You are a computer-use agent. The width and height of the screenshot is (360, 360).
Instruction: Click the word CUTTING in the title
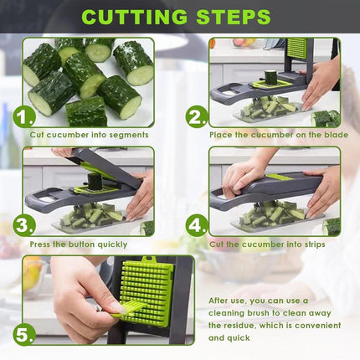135,17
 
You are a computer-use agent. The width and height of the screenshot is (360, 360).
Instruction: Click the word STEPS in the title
234,17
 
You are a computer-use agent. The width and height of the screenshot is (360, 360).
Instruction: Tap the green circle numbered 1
24,117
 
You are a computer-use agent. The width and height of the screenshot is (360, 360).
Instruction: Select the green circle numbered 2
197,117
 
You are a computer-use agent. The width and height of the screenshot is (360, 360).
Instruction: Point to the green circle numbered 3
24,226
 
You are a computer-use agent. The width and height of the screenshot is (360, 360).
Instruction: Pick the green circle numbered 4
197,226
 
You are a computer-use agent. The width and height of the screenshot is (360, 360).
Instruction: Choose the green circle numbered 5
24,335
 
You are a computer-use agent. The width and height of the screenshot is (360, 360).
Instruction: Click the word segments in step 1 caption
129,136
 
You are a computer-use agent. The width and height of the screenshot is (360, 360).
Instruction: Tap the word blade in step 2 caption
336,135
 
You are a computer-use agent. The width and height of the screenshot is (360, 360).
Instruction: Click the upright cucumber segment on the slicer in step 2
270,77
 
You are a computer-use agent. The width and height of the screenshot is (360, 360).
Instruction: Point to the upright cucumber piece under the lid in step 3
94,182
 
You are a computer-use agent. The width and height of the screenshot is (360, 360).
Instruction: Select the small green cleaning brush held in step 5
128,309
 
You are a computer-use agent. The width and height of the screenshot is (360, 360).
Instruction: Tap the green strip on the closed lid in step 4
280,177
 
